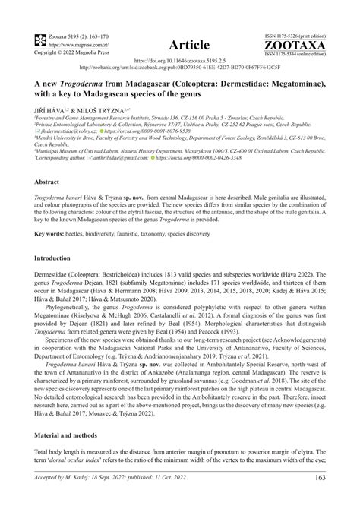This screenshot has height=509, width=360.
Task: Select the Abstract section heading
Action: [48, 182]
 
